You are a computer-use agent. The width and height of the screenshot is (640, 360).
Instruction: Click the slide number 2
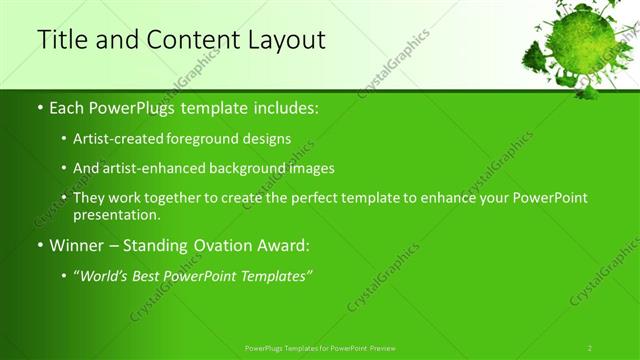click(590, 347)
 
